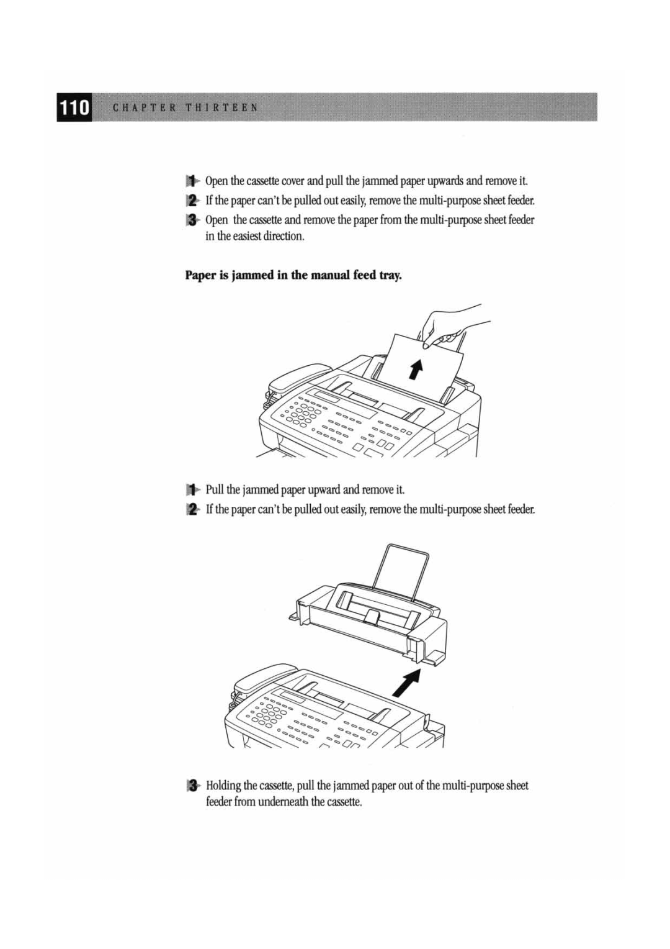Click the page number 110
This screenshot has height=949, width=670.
point(74,108)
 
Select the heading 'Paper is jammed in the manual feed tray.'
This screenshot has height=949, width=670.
point(293,275)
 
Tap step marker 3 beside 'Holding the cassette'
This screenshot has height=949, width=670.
point(193,786)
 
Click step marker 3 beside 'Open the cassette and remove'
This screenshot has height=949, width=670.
point(193,220)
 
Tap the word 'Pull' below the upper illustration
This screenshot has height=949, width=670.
point(215,490)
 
